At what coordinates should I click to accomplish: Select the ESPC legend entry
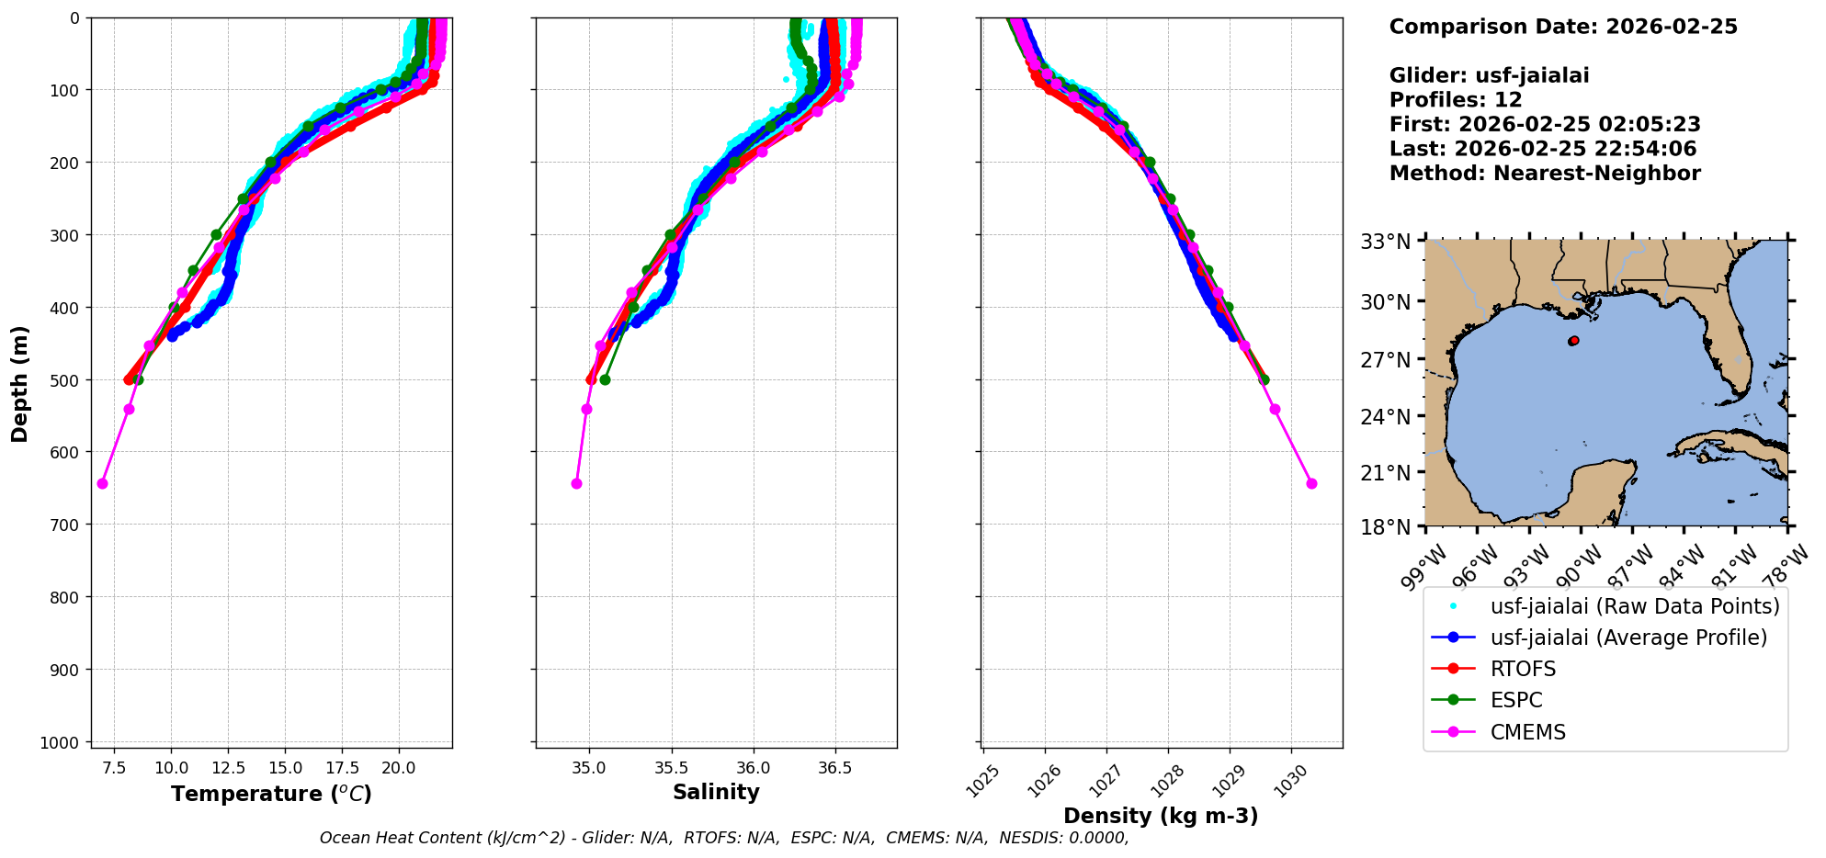pos(1516,700)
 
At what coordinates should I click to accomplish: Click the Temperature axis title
pos(271,794)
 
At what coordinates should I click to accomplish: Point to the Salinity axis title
pos(716,792)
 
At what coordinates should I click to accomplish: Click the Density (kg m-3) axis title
pos(1161,816)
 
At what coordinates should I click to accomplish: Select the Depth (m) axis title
pos(19,383)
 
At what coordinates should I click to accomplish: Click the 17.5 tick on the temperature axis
pos(341,767)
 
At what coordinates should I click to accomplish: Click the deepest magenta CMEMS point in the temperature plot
pos(102,483)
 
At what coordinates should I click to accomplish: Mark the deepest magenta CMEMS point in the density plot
pos(1311,483)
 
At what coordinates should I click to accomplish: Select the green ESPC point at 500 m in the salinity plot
pos(605,379)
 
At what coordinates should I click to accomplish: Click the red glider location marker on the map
pos(1574,341)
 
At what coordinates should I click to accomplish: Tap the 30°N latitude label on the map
pos(1385,302)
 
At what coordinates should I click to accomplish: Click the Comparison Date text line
pos(1563,27)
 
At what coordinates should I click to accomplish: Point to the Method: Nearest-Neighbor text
pos(1545,174)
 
